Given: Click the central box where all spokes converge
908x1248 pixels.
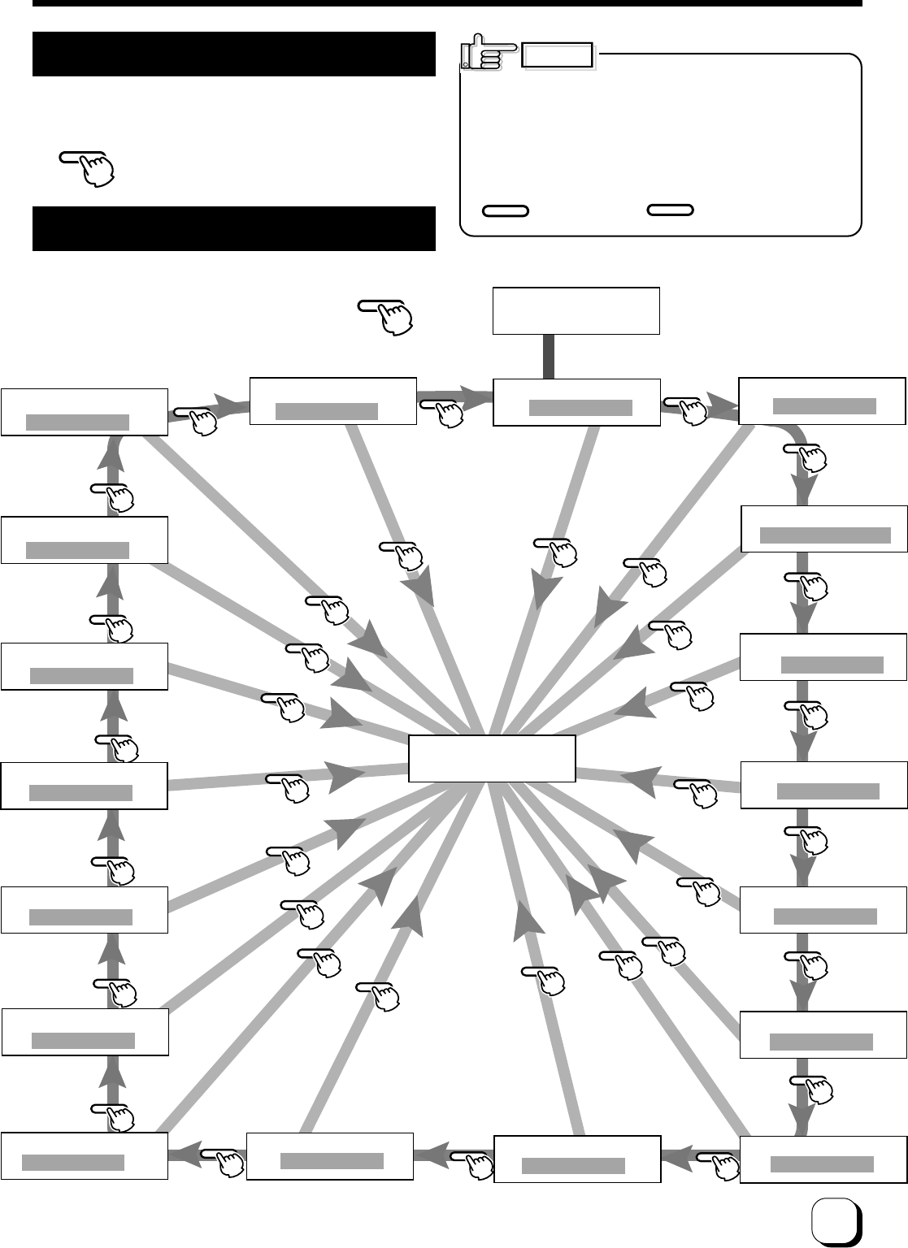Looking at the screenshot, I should point(492,758).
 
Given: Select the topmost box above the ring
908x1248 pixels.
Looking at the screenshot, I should point(576,310).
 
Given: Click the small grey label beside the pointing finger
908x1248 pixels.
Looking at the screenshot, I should point(558,55).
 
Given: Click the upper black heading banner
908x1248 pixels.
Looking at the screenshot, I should point(234,54).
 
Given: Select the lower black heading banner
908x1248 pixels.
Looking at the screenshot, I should point(234,228).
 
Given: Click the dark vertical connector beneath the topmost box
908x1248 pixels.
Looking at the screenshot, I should point(549,356).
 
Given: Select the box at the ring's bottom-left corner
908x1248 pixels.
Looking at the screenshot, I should point(85,1155).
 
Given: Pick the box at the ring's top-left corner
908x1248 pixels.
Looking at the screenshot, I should point(85,412).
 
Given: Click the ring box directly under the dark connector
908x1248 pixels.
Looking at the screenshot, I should point(576,401).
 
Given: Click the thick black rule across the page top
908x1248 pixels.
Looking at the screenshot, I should point(447,3).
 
